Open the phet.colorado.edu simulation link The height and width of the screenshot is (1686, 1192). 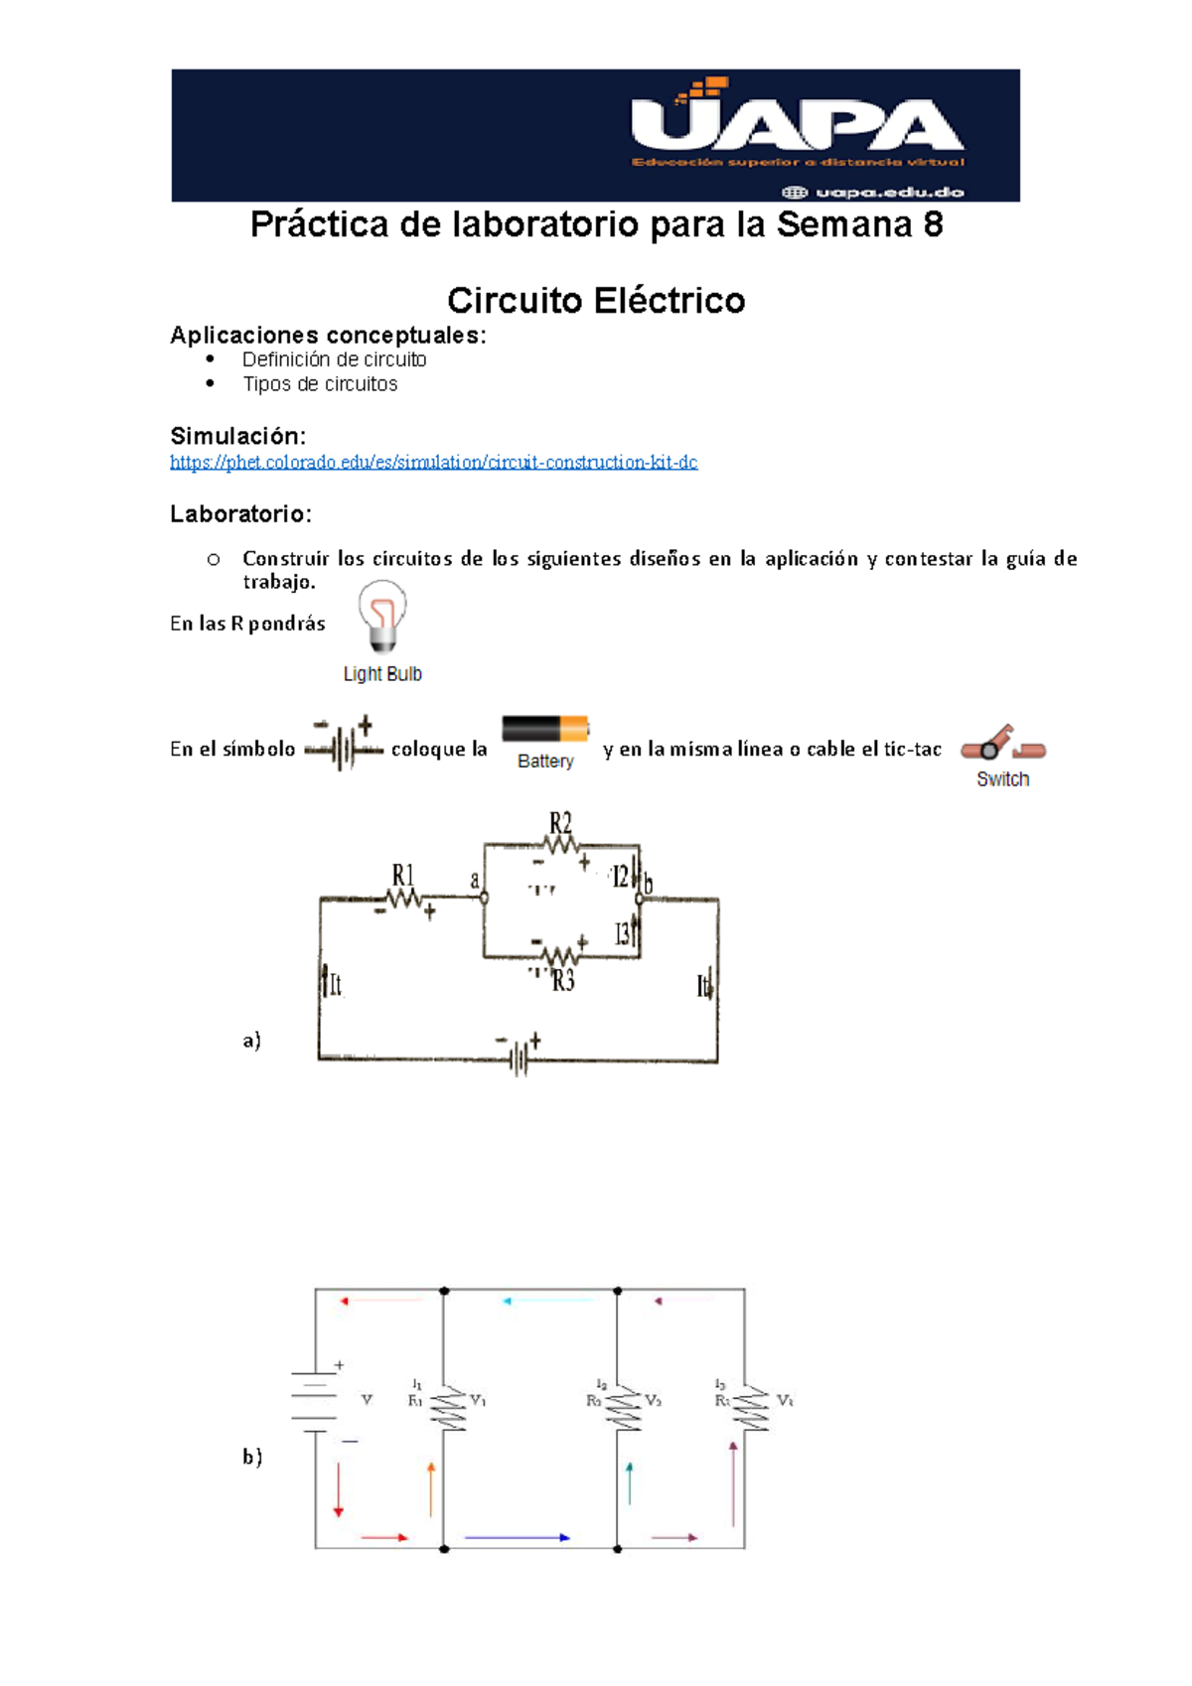[x=433, y=463]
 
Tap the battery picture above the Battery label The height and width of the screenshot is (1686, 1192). [x=545, y=730]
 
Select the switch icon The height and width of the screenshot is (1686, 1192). [x=1002, y=745]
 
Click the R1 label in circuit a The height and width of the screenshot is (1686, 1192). [x=402, y=875]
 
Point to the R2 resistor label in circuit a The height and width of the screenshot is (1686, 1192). [x=561, y=823]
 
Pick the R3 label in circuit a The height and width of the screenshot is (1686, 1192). [x=563, y=981]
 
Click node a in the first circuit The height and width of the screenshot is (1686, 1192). [x=484, y=898]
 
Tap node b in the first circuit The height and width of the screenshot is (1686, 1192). [x=640, y=898]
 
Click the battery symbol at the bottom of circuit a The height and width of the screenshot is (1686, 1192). [x=519, y=1058]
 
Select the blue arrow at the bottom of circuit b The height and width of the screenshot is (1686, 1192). [x=517, y=1537]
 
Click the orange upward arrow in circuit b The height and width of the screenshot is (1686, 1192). [x=431, y=1487]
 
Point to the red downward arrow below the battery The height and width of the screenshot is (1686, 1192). [x=339, y=1489]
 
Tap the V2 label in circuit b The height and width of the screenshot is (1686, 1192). [x=653, y=1400]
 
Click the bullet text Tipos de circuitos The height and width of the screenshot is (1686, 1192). [x=320, y=384]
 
